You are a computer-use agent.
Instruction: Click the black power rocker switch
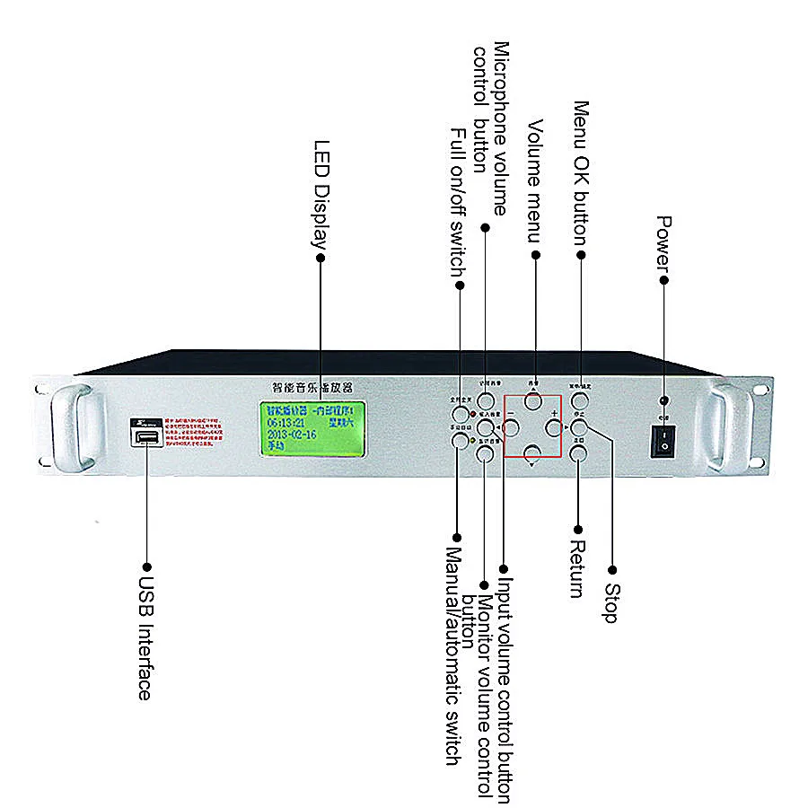tap(663, 440)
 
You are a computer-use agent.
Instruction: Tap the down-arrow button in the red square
tap(533, 454)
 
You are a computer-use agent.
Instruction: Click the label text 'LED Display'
tap(321, 192)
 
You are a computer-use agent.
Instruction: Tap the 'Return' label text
tap(577, 570)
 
